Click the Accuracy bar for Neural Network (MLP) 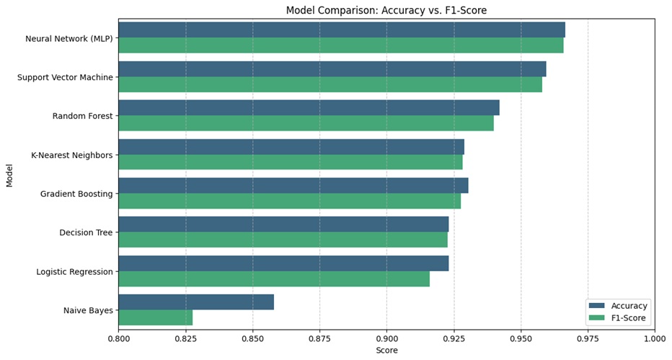(341, 30)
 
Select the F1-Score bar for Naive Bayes (155, 317)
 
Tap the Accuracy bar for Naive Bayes (196, 302)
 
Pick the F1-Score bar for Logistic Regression (274, 278)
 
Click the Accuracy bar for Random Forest (309, 107)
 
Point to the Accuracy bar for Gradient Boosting (293, 185)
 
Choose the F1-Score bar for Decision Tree (283, 240)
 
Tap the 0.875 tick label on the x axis (319, 338)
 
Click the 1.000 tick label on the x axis (654, 338)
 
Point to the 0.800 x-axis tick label (118, 338)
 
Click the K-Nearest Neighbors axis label (71, 155)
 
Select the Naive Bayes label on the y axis (88, 310)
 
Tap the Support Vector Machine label (65, 77)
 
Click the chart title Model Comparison (386, 10)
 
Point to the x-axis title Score (386, 351)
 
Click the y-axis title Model (10, 175)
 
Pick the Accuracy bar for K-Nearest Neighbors (291, 146)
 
